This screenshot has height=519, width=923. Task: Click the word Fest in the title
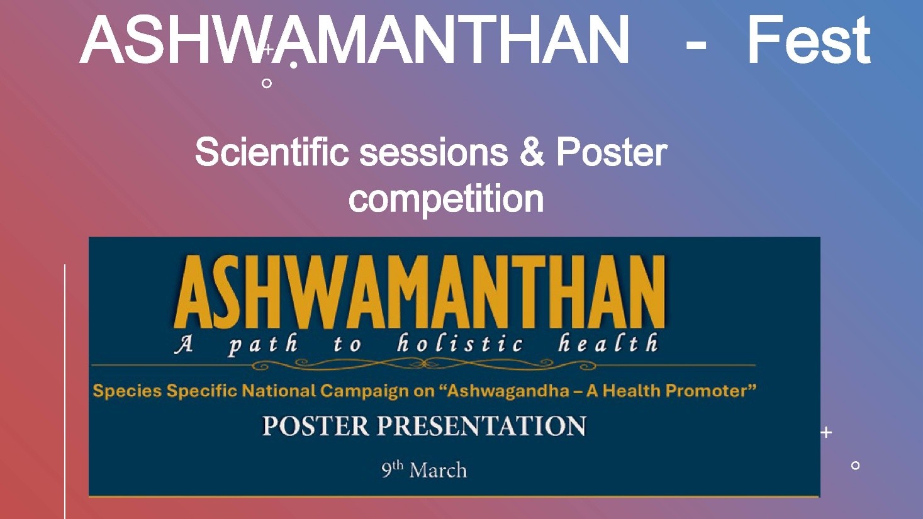click(x=809, y=40)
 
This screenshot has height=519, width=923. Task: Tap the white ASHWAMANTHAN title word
click(x=354, y=40)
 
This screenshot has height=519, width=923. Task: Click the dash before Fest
click(x=696, y=51)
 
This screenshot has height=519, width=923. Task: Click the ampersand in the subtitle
click(x=532, y=152)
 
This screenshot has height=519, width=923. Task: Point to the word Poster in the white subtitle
click(x=612, y=152)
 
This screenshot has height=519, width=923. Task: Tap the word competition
click(x=446, y=199)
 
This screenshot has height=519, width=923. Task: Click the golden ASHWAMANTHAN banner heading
click(x=420, y=292)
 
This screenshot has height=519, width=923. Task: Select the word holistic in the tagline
click(x=461, y=343)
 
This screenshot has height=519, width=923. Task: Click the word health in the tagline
click(x=608, y=343)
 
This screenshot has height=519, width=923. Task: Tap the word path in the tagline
click(x=263, y=344)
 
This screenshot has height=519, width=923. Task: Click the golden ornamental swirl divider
click(x=423, y=364)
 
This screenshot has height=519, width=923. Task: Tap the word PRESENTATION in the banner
click(x=482, y=426)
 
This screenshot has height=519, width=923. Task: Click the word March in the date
click(x=438, y=471)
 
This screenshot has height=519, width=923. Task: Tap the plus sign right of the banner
click(x=825, y=433)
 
